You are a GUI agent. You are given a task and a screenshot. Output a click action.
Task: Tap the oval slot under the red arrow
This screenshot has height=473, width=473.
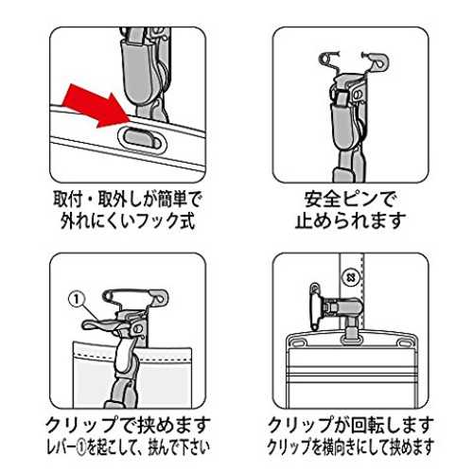(142, 139)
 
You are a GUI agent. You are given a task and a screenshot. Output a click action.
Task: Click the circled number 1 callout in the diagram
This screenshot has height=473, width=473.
(77, 299)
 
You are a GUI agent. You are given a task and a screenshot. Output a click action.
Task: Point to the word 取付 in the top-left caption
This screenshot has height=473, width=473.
(68, 200)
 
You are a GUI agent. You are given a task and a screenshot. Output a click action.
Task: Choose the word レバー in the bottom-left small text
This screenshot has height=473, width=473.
(61, 447)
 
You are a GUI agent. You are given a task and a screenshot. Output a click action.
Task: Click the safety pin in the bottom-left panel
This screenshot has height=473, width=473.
(135, 297)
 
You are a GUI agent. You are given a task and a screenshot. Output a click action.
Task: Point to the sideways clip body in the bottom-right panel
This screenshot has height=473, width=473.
(342, 307)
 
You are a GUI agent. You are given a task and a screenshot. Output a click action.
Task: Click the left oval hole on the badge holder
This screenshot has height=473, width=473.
(299, 342)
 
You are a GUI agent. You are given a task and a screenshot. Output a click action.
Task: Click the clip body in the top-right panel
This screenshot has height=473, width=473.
(342, 126)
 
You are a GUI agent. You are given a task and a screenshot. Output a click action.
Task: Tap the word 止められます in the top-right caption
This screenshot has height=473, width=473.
(350, 220)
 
